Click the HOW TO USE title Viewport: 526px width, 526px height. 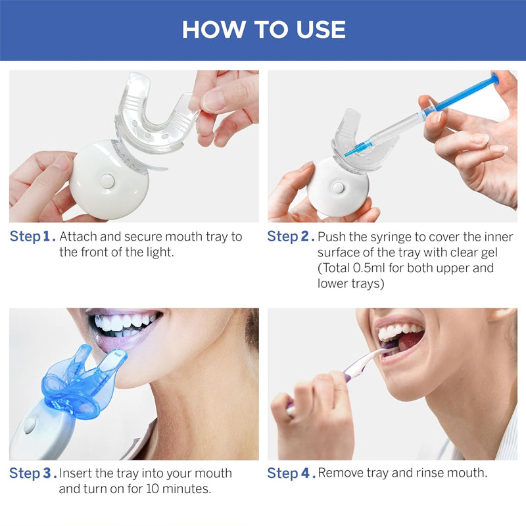[x=263, y=30]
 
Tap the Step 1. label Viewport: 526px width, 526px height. [x=32, y=237]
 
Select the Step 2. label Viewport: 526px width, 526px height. [x=291, y=237]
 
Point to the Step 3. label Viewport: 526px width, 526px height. [x=32, y=473]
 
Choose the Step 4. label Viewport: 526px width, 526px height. [x=291, y=473]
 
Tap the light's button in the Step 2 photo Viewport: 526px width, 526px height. [x=337, y=187]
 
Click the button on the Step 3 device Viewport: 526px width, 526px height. [x=30, y=425]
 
